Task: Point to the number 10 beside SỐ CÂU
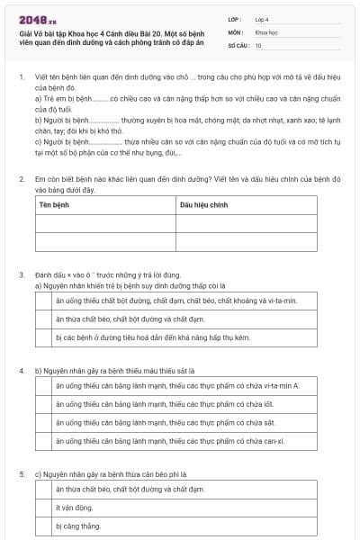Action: tap(259, 45)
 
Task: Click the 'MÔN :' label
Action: tap(236, 31)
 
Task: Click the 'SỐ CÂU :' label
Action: tap(239, 45)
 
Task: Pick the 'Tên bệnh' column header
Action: tap(54, 205)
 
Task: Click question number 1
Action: tap(22, 78)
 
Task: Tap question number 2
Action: tap(22, 179)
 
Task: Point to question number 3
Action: tap(22, 274)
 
